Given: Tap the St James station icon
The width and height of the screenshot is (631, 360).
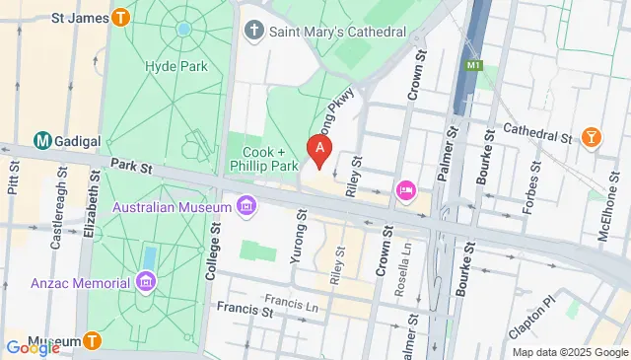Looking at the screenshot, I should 121,17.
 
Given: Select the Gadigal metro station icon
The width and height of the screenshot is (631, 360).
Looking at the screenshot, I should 43,141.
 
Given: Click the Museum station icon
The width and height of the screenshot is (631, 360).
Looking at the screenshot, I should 92,342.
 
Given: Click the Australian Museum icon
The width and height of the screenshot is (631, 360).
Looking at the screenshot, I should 245,207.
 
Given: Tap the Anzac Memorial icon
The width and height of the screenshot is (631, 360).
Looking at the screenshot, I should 147,284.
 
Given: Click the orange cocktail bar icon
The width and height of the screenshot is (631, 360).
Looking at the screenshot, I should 592,137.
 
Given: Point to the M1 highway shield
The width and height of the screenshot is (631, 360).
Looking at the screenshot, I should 477,65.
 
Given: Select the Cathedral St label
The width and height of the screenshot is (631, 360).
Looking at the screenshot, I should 537,129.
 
